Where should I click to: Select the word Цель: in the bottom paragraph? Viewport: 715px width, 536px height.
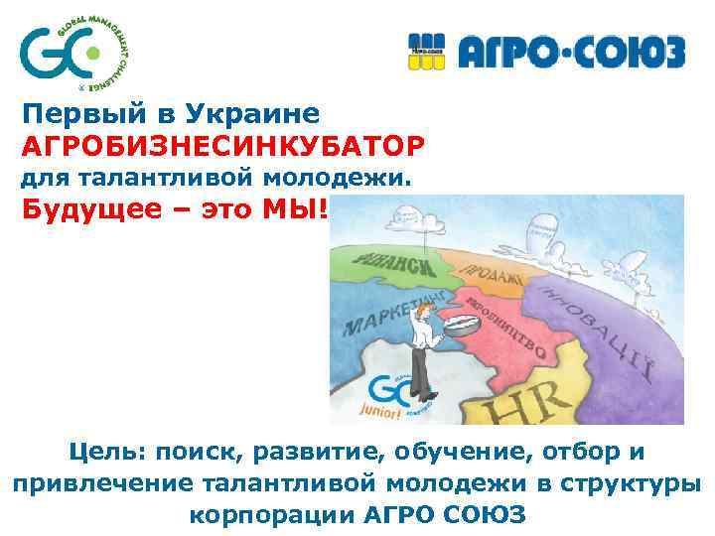(x=103, y=453)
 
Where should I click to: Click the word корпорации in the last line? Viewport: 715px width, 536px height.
(x=263, y=516)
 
